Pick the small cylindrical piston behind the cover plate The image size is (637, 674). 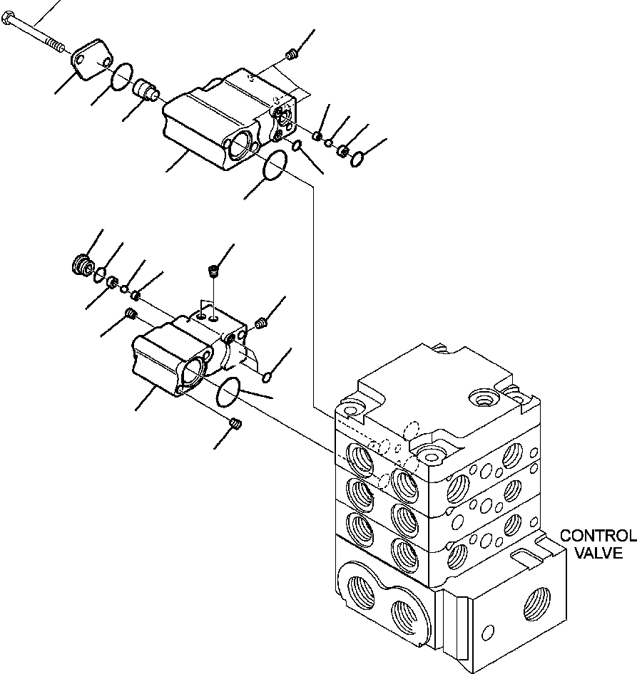[146, 90]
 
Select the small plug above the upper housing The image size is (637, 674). [290, 53]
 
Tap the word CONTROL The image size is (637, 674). [597, 536]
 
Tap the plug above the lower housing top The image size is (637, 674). [212, 270]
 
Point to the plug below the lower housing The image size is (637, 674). [237, 425]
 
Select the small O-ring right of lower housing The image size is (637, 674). [267, 375]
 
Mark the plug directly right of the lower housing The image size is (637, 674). [261, 324]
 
